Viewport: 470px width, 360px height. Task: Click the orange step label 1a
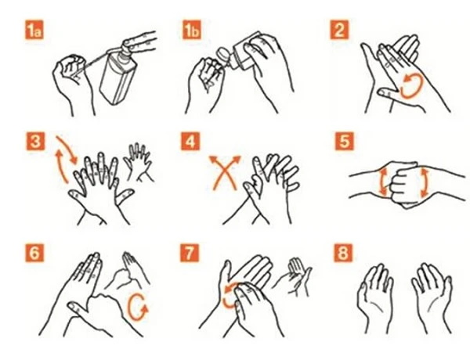tap(34, 30)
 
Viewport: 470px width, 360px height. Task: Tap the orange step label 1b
tap(192, 30)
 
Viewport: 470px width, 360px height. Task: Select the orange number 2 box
tap(339, 30)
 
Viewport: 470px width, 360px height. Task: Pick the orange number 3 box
tap(34, 141)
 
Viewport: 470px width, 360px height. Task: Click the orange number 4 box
tap(190, 141)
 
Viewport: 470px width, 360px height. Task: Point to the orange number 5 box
tap(344, 141)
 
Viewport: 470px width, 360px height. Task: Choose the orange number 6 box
tap(34, 253)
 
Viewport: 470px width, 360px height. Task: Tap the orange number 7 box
tap(190, 253)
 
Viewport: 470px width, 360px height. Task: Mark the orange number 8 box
tap(343, 253)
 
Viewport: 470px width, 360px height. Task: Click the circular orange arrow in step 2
tap(412, 85)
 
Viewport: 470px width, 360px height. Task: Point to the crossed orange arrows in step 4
tap(225, 172)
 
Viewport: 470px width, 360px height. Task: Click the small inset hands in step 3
tap(139, 162)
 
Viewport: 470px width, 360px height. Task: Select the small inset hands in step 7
tap(295, 276)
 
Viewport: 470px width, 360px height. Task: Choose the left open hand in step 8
tap(375, 298)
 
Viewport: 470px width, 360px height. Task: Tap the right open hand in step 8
tap(432, 298)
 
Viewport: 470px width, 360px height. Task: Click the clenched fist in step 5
tap(403, 182)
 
